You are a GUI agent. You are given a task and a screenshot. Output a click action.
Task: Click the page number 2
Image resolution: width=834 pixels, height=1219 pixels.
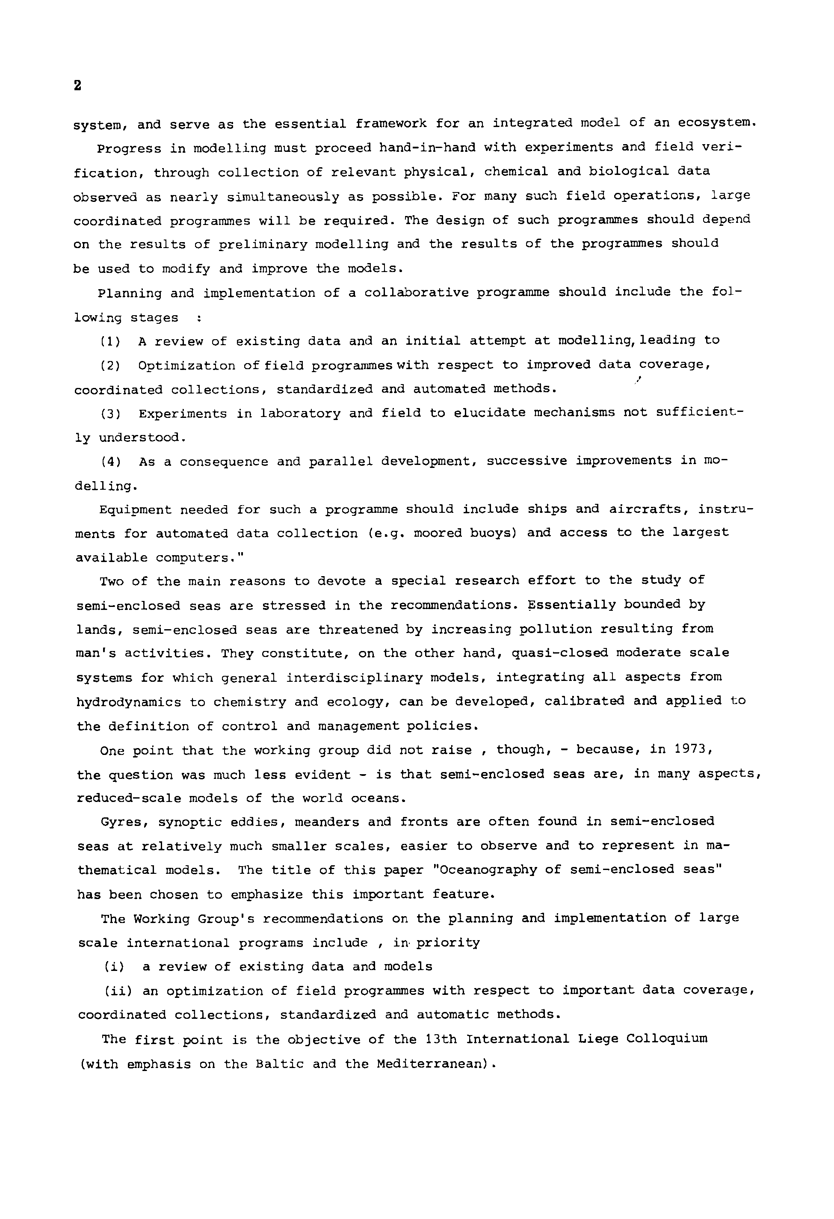point(78,86)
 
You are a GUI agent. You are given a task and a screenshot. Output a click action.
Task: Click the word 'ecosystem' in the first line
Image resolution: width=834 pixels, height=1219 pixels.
point(716,123)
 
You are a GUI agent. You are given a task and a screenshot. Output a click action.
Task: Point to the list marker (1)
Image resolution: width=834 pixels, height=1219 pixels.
point(110,341)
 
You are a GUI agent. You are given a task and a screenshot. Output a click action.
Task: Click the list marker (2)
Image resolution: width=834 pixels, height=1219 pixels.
point(110,366)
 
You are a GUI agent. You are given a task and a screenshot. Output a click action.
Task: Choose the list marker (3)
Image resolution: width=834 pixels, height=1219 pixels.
point(111,414)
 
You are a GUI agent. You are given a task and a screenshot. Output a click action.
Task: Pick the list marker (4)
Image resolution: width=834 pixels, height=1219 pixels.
point(111,462)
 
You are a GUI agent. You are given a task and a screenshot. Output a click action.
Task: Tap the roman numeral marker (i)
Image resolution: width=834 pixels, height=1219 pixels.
point(114,966)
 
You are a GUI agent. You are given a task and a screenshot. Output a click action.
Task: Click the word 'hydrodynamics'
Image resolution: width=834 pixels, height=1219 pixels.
point(128,702)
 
